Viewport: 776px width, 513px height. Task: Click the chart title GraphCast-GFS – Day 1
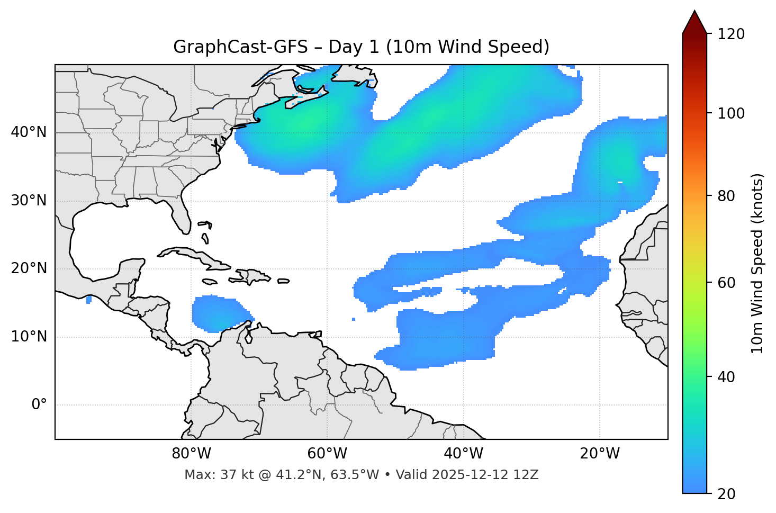click(x=361, y=47)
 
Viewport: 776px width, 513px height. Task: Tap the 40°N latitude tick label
click(x=29, y=132)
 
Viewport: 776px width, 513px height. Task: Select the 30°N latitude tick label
click(x=29, y=201)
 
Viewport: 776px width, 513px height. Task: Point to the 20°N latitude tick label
click(x=29, y=268)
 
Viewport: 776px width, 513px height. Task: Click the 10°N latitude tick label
click(x=29, y=337)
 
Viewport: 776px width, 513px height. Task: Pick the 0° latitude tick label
click(x=39, y=405)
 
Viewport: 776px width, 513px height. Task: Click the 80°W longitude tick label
click(x=191, y=454)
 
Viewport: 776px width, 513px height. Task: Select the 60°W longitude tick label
click(x=327, y=454)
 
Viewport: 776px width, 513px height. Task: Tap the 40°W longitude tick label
click(x=463, y=454)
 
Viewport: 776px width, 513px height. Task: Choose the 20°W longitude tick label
click(x=599, y=454)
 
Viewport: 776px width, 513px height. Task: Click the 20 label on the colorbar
click(x=726, y=494)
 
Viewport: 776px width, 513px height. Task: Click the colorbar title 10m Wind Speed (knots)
click(x=757, y=263)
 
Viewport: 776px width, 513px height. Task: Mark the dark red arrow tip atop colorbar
click(x=694, y=21)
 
